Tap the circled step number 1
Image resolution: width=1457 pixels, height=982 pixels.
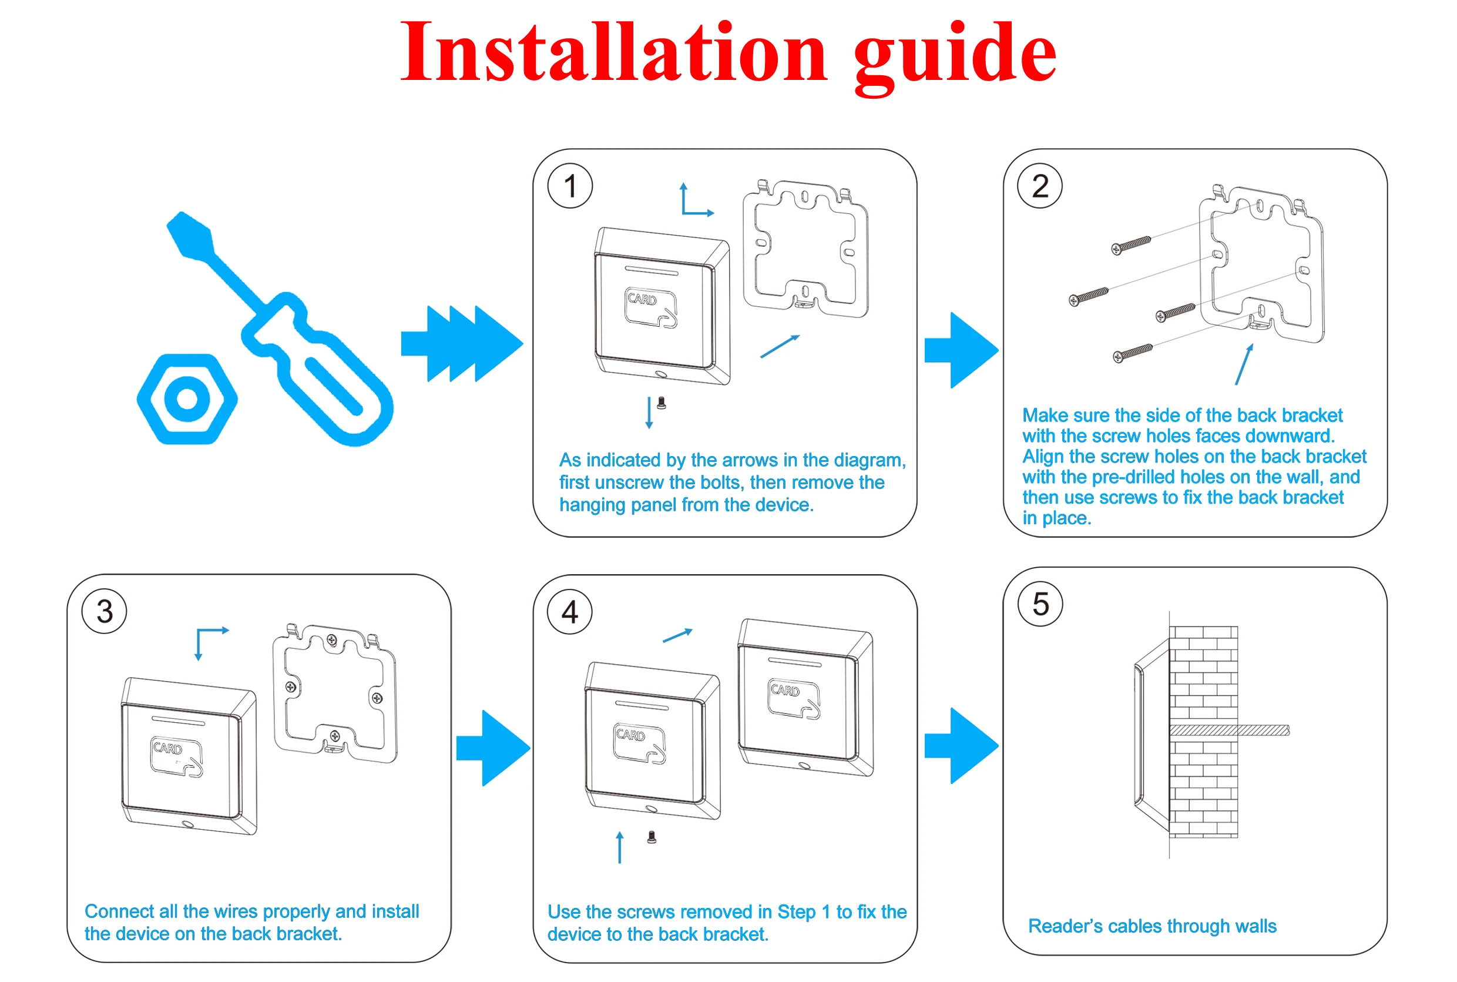[x=570, y=186]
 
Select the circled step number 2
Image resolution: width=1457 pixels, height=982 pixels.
[x=1039, y=186]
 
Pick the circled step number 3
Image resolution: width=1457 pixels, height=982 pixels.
[x=105, y=611]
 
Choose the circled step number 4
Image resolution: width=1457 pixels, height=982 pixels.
[x=570, y=612]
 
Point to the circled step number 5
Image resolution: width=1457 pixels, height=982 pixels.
[x=1040, y=604]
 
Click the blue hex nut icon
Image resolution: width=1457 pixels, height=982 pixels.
[x=187, y=399]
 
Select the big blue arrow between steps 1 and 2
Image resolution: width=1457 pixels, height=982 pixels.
[x=961, y=350]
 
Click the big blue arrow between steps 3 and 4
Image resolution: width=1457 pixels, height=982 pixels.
[x=493, y=748]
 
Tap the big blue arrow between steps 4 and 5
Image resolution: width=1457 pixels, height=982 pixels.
[x=961, y=745]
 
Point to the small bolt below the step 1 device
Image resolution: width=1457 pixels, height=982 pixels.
[x=661, y=403]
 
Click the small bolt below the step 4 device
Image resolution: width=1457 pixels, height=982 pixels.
[x=651, y=837]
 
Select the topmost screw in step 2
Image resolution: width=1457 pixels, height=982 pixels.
[x=1131, y=245]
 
